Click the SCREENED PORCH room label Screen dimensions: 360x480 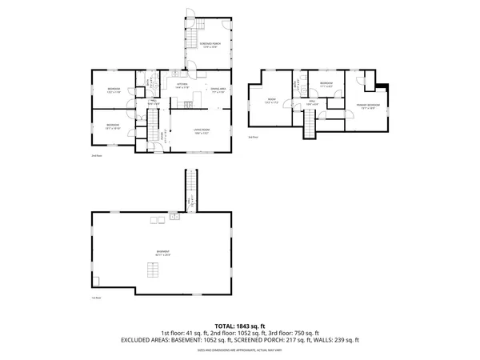click(211, 45)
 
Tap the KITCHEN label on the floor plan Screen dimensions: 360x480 click(182, 86)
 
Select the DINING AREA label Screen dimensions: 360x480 click(216, 90)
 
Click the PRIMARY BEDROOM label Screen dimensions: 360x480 click(368, 106)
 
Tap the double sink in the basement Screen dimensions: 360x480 click(174, 216)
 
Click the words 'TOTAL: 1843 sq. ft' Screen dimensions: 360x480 click(240, 326)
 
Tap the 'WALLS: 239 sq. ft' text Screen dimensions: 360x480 click(335, 339)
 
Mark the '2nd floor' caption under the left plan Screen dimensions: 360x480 click(95, 156)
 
